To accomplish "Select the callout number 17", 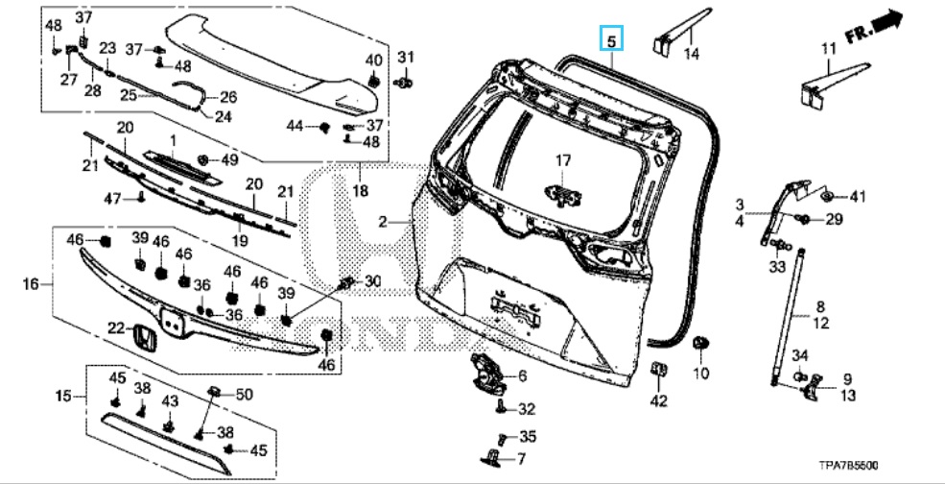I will (562, 160).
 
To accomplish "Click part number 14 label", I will (691, 55).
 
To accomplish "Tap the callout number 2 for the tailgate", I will (383, 222).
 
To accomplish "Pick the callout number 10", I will (700, 372).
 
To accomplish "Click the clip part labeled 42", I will (658, 370).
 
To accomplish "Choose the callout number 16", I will (30, 284).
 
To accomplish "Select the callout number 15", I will (63, 396).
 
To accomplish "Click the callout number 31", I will (405, 55).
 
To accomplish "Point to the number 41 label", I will (857, 197).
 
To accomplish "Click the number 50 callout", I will (244, 394).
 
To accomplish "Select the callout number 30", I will (372, 281).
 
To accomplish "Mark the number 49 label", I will (229, 158).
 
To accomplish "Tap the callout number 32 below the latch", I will (527, 409).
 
